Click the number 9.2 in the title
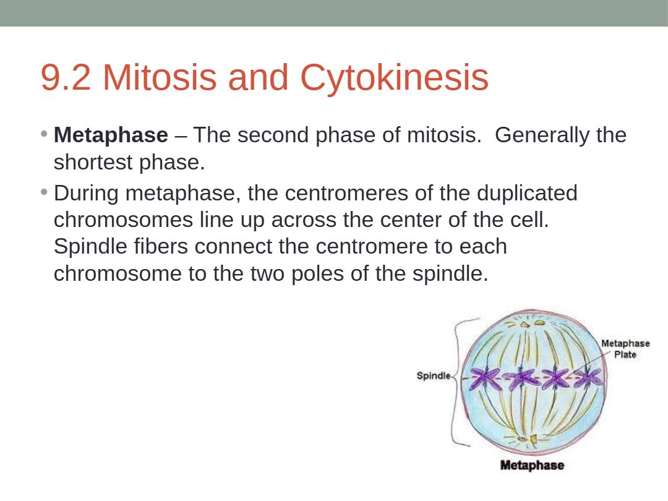[x=66, y=77]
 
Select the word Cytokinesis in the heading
[x=394, y=78]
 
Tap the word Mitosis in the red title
[x=160, y=77]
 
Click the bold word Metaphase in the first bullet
[x=111, y=135]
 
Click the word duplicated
[x=527, y=194]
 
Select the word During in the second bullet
[x=86, y=194]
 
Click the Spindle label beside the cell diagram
[x=433, y=375]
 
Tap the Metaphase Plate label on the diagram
[x=625, y=349]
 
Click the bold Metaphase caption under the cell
[x=532, y=465]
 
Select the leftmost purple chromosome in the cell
[x=485, y=378]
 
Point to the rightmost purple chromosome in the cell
[x=589, y=377]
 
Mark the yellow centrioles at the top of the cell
[x=532, y=323]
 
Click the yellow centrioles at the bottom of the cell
[x=528, y=439]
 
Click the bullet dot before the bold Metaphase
[x=44, y=134]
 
